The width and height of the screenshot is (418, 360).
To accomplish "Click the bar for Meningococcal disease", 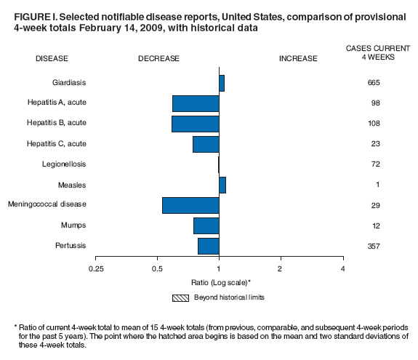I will coord(190,205).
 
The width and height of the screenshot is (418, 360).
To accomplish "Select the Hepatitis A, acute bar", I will coord(196,103).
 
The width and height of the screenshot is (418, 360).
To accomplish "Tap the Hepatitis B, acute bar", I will coord(195,124).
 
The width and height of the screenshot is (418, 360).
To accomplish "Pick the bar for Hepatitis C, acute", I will coord(206,144).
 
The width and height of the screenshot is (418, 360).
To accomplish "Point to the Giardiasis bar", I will coord(222,83).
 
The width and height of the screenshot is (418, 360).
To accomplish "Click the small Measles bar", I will coord(222,185).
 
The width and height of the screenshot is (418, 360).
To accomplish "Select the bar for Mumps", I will coord(206,225).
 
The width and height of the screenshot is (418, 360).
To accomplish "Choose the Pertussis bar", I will coord(208,246).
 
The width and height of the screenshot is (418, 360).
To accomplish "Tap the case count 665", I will coord(374,83).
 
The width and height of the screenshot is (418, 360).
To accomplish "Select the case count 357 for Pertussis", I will coord(374,246).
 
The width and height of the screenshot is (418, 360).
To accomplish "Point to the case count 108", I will coord(374,124).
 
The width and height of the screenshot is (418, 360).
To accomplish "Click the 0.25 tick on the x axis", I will coord(95,269).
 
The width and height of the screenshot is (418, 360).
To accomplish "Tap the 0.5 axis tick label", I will coord(157,269).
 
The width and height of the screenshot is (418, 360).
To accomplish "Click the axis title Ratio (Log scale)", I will coord(218,281).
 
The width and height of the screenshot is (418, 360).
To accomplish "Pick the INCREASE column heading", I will coord(298,58).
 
